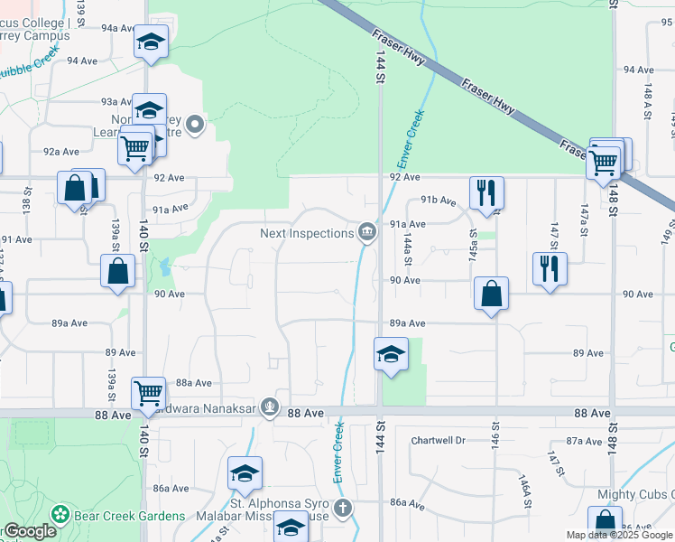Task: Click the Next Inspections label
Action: click(307, 234)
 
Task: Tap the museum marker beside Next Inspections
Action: click(367, 233)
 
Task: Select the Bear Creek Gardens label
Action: click(130, 517)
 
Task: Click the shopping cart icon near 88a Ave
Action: click(148, 392)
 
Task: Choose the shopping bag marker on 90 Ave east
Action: click(491, 294)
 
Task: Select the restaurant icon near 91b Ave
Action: click(485, 192)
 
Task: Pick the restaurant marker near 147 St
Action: click(549, 268)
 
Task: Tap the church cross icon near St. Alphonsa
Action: click(341, 509)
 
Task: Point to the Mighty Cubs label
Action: click(635, 495)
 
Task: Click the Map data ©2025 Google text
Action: click(619, 536)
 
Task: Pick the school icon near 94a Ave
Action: click(151, 42)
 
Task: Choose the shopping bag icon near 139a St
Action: click(118, 270)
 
